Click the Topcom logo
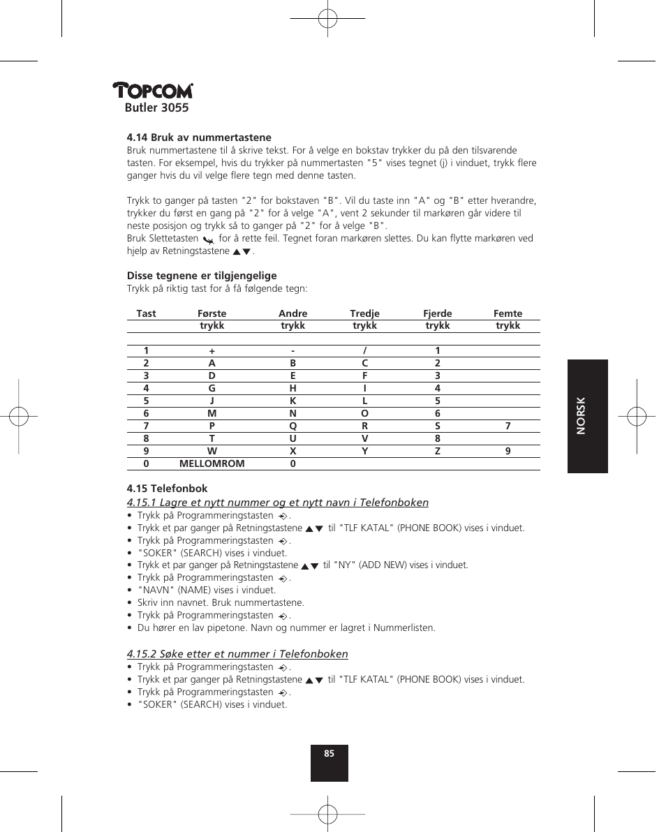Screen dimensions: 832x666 pyautogui.click(x=153, y=91)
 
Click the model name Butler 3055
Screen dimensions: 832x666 pyautogui.click(x=157, y=107)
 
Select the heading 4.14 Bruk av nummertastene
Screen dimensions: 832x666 pyautogui.click(x=199, y=138)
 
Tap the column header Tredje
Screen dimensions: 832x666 pyautogui.click(x=364, y=313)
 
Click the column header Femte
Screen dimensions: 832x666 pyautogui.click(x=508, y=313)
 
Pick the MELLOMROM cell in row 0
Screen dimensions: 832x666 pyautogui.click(x=212, y=463)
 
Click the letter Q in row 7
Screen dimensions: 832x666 pyautogui.click(x=293, y=426)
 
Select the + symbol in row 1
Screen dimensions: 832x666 pyautogui.click(x=212, y=350)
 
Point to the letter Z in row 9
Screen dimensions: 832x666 pyautogui.click(x=438, y=451)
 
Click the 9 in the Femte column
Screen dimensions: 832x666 pyautogui.click(x=508, y=451)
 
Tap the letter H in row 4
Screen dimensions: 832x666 pyautogui.click(x=293, y=388)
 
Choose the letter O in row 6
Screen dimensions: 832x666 pyautogui.click(x=364, y=413)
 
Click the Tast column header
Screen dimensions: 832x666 pyautogui.click(x=146, y=313)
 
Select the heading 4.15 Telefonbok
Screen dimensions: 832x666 pyautogui.click(x=167, y=489)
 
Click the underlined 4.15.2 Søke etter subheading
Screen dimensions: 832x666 pyautogui.click(x=237, y=654)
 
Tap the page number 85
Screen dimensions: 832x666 pyautogui.click(x=330, y=754)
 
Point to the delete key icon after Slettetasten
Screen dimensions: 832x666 pyautogui.click(x=207, y=239)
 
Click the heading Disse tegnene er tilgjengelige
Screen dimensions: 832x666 pyautogui.click(x=202, y=276)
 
